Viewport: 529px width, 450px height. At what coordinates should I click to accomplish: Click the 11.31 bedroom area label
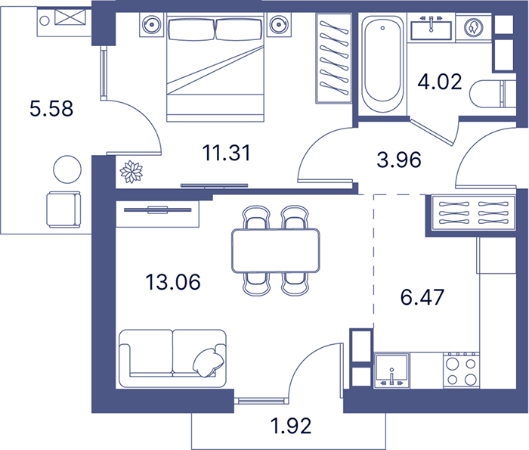tap(227, 153)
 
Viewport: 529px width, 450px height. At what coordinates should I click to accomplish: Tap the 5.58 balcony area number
tap(51, 109)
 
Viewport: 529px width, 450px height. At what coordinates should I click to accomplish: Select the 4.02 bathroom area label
tap(440, 82)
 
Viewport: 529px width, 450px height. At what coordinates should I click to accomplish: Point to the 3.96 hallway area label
tap(399, 160)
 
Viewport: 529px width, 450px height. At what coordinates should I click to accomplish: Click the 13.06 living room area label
tap(173, 282)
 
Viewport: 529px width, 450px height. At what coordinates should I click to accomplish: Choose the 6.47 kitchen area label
tap(422, 297)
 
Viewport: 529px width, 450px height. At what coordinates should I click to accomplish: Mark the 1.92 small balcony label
tap(291, 426)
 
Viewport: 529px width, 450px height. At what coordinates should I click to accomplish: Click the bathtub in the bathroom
tap(382, 64)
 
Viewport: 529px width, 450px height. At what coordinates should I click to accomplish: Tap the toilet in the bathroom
tap(493, 94)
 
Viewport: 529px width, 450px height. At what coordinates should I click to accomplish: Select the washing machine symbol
tap(473, 28)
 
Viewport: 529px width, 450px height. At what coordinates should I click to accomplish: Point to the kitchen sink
tap(391, 371)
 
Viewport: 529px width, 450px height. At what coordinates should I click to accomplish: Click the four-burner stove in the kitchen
tap(461, 371)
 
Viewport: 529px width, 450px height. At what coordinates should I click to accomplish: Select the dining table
tap(276, 250)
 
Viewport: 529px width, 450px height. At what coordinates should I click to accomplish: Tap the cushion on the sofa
tap(208, 362)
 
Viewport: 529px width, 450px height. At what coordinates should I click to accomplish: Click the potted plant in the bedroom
tap(131, 172)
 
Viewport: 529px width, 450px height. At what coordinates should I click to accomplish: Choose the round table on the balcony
tap(67, 169)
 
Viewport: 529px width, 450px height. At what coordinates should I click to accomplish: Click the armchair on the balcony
tap(63, 209)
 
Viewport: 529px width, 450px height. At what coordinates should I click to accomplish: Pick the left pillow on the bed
tap(191, 29)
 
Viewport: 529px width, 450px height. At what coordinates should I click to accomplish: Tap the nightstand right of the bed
tap(279, 25)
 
